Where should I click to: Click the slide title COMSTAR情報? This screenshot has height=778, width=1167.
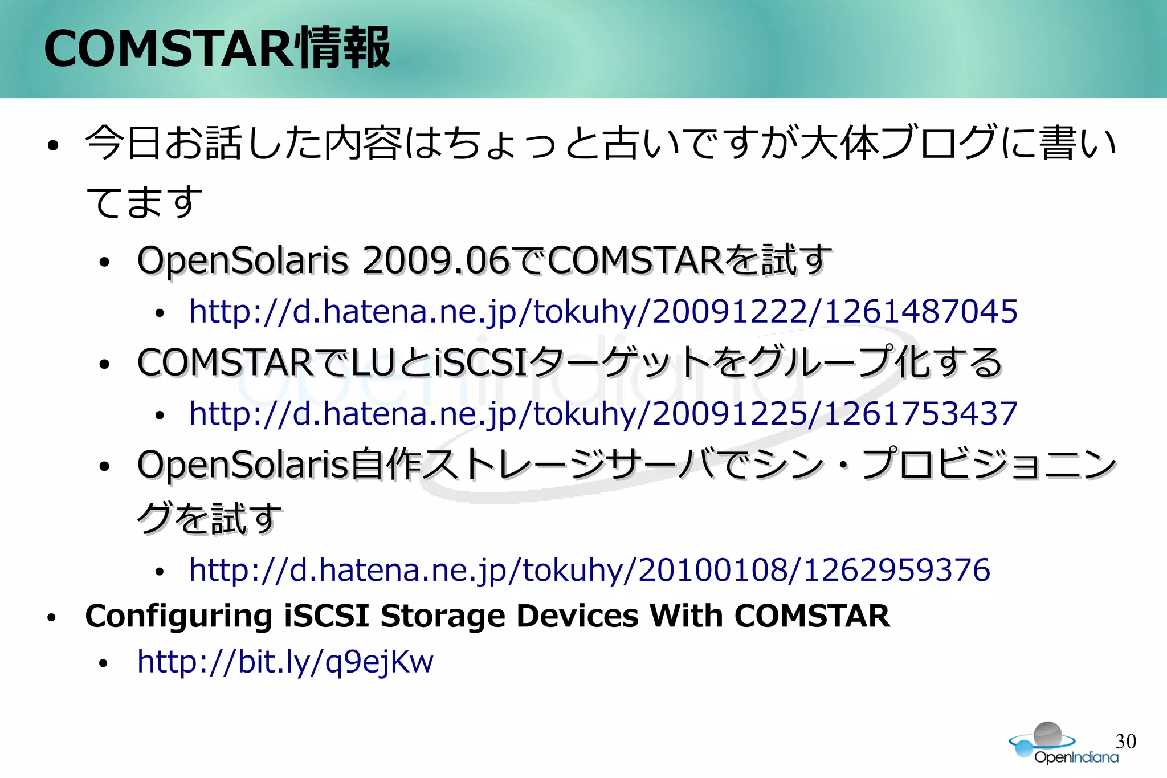click(217, 48)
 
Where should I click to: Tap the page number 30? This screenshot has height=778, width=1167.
click(1125, 741)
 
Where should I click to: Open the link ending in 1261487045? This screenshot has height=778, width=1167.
click(603, 311)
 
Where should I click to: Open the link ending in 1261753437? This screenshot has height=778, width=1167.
click(603, 413)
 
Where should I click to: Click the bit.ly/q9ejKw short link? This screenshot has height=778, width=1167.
click(285, 662)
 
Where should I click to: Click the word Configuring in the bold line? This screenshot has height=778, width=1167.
click(178, 616)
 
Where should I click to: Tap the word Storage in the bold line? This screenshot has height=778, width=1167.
click(443, 616)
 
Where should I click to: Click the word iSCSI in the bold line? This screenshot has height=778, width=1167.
click(327, 616)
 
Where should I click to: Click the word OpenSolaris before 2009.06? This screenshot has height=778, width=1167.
click(242, 260)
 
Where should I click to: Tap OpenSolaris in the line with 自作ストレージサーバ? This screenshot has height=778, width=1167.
click(242, 464)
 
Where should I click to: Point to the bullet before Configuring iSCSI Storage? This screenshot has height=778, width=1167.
click(52, 617)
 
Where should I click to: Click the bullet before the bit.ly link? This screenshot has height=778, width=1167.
click(103, 663)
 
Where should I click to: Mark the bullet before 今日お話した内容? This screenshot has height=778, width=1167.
click(53, 145)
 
